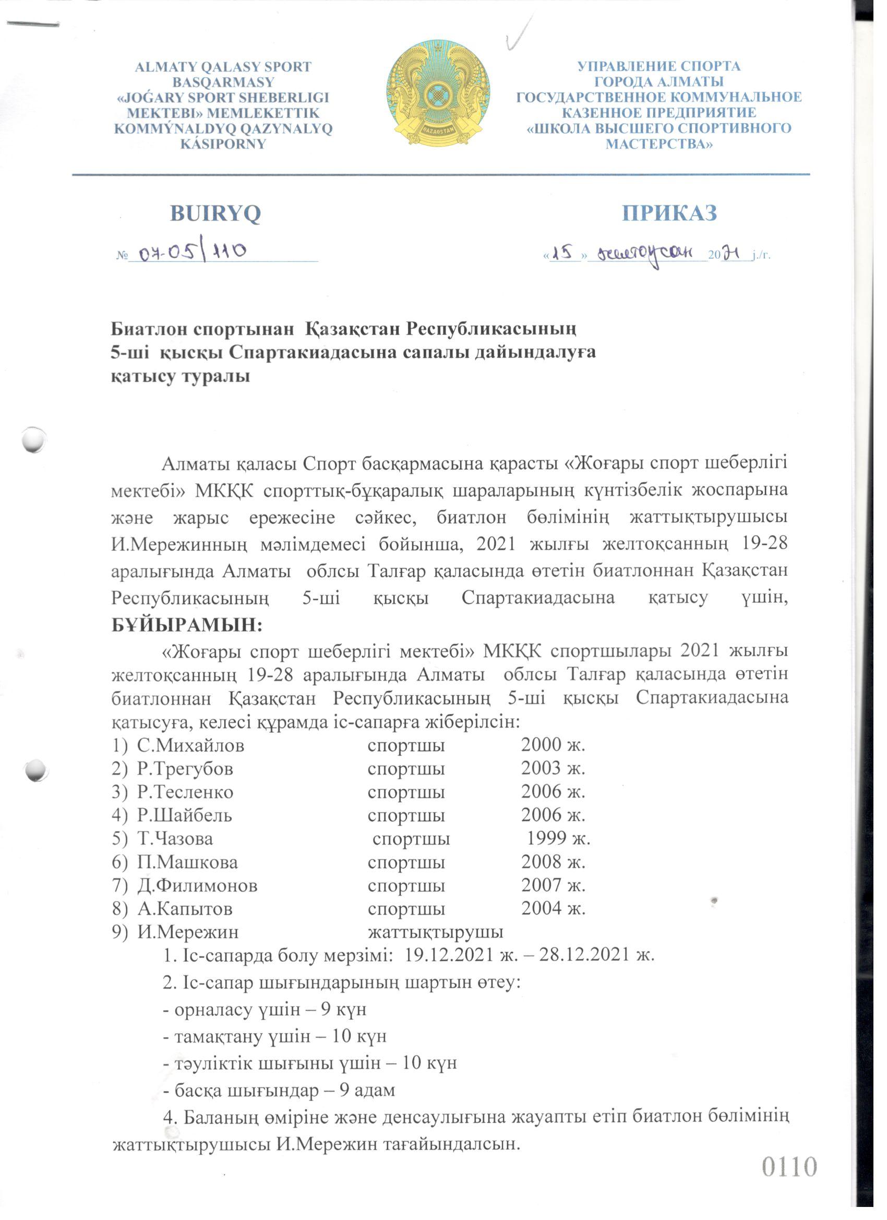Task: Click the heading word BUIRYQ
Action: click(x=215, y=213)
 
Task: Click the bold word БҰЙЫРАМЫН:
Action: click(x=186, y=625)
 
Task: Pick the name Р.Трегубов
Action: click(x=185, y=769)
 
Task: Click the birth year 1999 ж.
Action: click(x=558, y=838)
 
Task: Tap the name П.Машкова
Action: click(x=187, y=862)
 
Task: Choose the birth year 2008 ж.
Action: click(x=553, y=862)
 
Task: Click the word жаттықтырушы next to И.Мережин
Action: click(x=435, y=931)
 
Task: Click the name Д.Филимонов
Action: click(x=197, y=885)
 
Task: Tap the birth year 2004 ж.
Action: click(x=553, y=908)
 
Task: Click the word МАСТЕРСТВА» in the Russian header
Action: click(x=659, y=144)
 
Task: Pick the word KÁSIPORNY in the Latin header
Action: click(x=223, y=144)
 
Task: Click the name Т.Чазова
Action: click(x=175, y=838)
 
